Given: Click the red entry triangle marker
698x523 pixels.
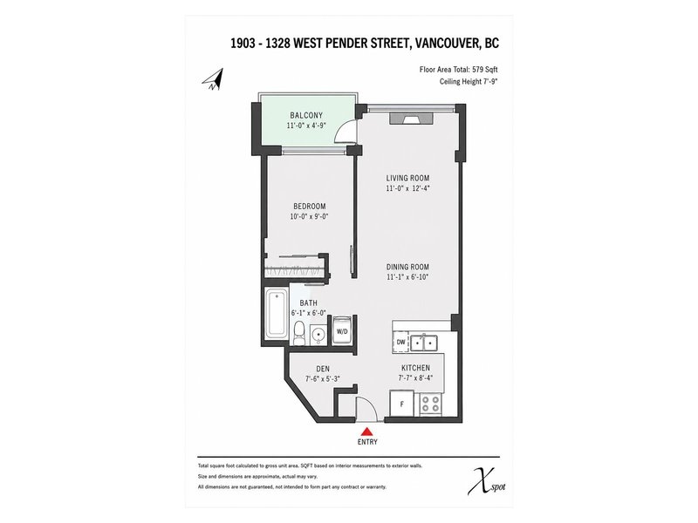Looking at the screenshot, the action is click(x=366, y=431).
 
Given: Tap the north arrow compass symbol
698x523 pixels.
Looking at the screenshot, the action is click(x=214, y=79).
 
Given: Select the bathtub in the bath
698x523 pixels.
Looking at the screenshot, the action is click(x=277, y=314).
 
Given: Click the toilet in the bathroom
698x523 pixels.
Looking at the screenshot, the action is click(x=299, y=334).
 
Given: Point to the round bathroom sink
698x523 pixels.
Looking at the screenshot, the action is click(x=318, y=334).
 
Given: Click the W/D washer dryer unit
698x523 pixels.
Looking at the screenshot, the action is click(x=342, y=329).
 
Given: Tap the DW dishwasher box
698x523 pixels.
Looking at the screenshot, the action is click(x=400, y=342).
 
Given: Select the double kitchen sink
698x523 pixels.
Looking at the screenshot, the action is click(x=424, y=343).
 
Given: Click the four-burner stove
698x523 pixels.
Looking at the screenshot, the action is click(x=431, y=404).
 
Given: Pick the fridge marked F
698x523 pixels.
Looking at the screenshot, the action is click(x=402, y=404).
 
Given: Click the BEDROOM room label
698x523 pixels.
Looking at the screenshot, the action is click(x=310, y=207).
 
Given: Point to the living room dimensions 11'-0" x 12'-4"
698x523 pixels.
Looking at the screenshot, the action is click(x=407, y=188).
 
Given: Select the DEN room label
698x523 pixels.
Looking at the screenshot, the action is click(x=323, y=369).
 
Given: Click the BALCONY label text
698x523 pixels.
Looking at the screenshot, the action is click(x=306, y=115).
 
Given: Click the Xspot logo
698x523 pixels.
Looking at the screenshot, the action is click(x=486, y=481).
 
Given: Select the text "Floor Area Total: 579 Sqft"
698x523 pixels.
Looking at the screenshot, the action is click(x=459, y=70).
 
